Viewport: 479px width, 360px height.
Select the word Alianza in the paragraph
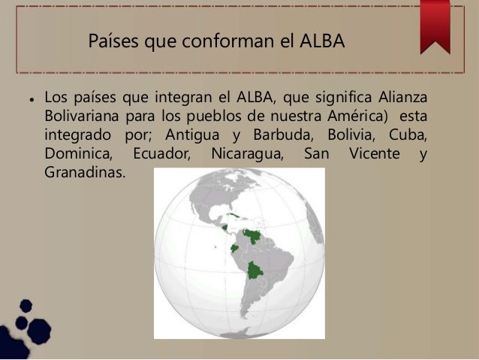pyautogui.click(x=401, y=98)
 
